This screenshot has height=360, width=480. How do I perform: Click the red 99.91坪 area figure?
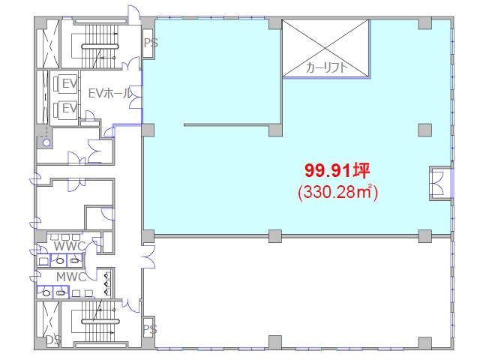click(x=337, y=171)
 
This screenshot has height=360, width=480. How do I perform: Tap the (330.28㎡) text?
click(x=338, y=192)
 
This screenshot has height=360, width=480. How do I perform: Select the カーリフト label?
click(x=327, y=67)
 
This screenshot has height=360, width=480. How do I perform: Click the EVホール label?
click(x=110, y=93)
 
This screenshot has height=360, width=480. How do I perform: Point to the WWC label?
click(x=70, y=246)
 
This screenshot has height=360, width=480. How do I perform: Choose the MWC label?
click(x=71, y=277)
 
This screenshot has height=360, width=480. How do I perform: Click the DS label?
click(x=53, y=340)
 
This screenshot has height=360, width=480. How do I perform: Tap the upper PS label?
click(x=151, y=43)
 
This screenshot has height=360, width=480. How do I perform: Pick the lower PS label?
click(x=150, y=329)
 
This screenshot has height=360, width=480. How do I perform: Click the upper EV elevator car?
click(x=64, y=83)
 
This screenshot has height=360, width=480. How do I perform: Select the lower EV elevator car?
click(x=64, y=109)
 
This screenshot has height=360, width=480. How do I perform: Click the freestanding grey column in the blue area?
click(x=425, y=130)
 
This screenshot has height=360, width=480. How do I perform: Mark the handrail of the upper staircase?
click(x=100, y=46)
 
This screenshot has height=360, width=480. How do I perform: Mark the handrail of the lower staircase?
click(x=100, y=321)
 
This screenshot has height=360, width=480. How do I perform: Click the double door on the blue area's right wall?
click(x=436, y=183)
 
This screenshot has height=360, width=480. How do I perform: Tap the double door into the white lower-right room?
click(x=148, y=256)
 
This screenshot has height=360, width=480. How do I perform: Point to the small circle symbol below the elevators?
click(x=46, y=142)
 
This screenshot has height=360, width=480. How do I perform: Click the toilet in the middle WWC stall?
click(x=60, y=261)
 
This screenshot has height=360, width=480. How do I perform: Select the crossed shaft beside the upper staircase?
click(x=49, y=43)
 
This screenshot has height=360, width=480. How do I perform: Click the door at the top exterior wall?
click(x=134, y=15)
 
